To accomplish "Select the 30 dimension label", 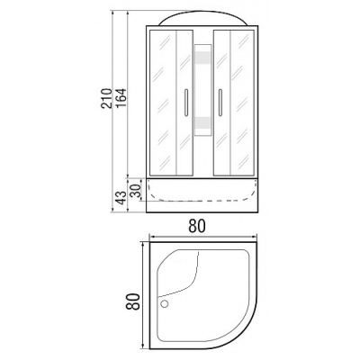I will point(135,188).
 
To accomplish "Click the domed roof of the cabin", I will point(202,21).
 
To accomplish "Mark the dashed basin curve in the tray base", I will point(202,191).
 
